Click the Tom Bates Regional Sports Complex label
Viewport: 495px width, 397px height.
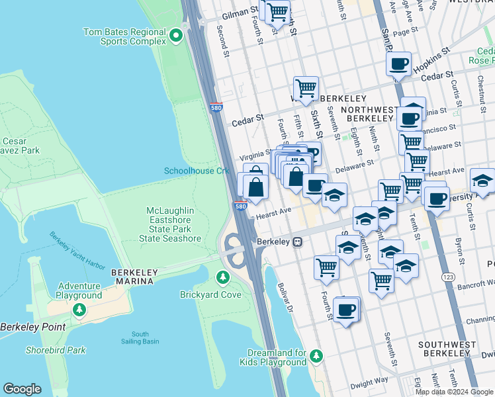124,36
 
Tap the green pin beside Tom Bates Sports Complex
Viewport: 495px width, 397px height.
175,35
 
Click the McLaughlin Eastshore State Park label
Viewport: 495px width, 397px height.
173,224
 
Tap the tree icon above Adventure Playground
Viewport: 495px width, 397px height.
79,308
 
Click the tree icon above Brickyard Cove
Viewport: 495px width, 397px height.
223,276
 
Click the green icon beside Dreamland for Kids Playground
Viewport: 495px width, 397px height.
316,357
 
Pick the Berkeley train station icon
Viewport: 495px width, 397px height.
298,242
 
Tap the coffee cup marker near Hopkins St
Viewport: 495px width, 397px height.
399,64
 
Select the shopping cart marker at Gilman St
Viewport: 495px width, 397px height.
278,11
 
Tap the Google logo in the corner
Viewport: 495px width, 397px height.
22,389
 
